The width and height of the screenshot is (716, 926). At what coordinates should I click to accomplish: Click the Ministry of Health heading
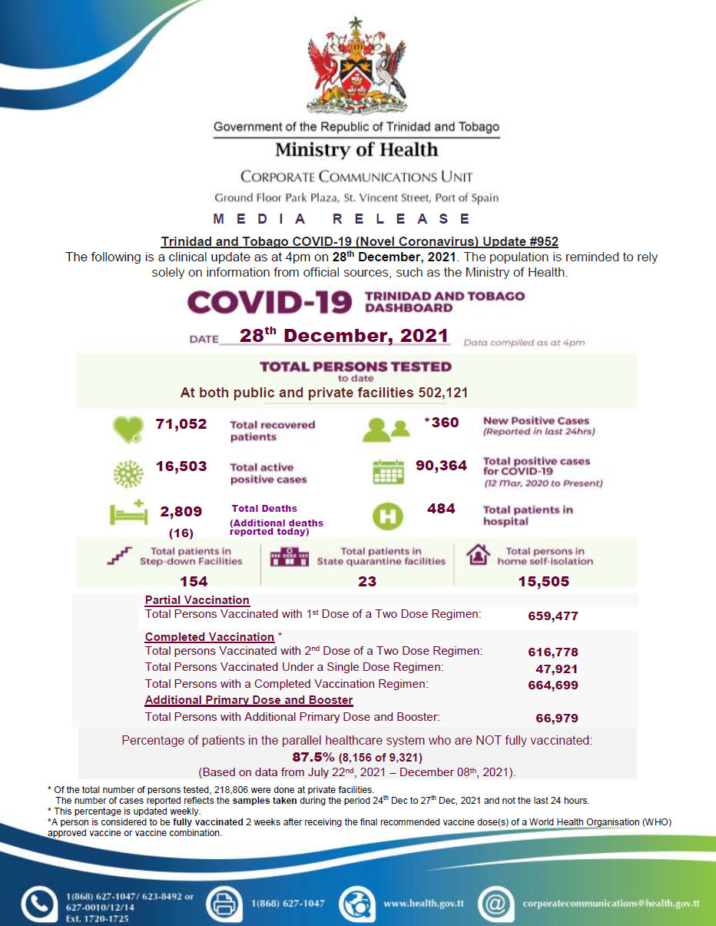(356, 150)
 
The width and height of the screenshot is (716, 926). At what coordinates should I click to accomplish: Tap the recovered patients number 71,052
(181, 424)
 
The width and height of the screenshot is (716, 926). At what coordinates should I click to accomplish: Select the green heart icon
(127, 430)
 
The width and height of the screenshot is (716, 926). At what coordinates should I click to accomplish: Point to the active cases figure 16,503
(181, 466)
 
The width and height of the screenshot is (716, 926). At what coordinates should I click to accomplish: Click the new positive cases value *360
(441, 423)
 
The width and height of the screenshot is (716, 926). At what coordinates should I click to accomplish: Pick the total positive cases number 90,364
(441, 465)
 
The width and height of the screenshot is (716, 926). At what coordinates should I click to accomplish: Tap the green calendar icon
(388, 472)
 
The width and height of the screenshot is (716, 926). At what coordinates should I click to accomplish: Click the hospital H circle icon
(388, 516)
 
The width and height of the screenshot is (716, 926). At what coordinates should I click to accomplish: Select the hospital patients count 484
(441, 509)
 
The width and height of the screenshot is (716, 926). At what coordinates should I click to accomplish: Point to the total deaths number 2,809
(181, 512)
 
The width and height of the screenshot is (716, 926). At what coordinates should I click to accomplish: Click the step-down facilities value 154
(194, 582)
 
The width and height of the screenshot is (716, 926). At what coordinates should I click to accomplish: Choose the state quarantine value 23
(367, 582)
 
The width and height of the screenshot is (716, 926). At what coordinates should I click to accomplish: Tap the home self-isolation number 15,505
(544, 582)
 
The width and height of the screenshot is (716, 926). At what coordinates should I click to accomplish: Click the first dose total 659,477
(553, 616)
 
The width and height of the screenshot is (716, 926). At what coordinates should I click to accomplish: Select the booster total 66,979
(557, 718)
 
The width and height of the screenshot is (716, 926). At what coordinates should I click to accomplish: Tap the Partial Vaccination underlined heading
(197, 600)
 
